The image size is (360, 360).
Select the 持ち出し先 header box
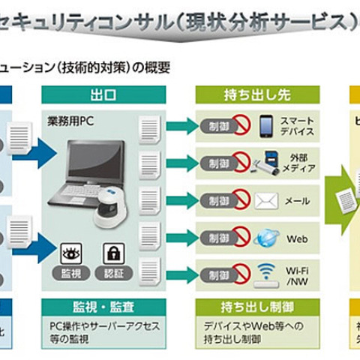point(256,94)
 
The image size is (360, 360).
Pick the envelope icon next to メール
point(266,200)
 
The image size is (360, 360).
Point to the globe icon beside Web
point(266,238)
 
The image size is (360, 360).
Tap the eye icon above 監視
point(70,253)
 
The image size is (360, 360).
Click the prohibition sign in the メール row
point(239,200)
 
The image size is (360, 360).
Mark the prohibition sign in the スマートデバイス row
point(239,124)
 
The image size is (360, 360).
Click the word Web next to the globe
point(298,239)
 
